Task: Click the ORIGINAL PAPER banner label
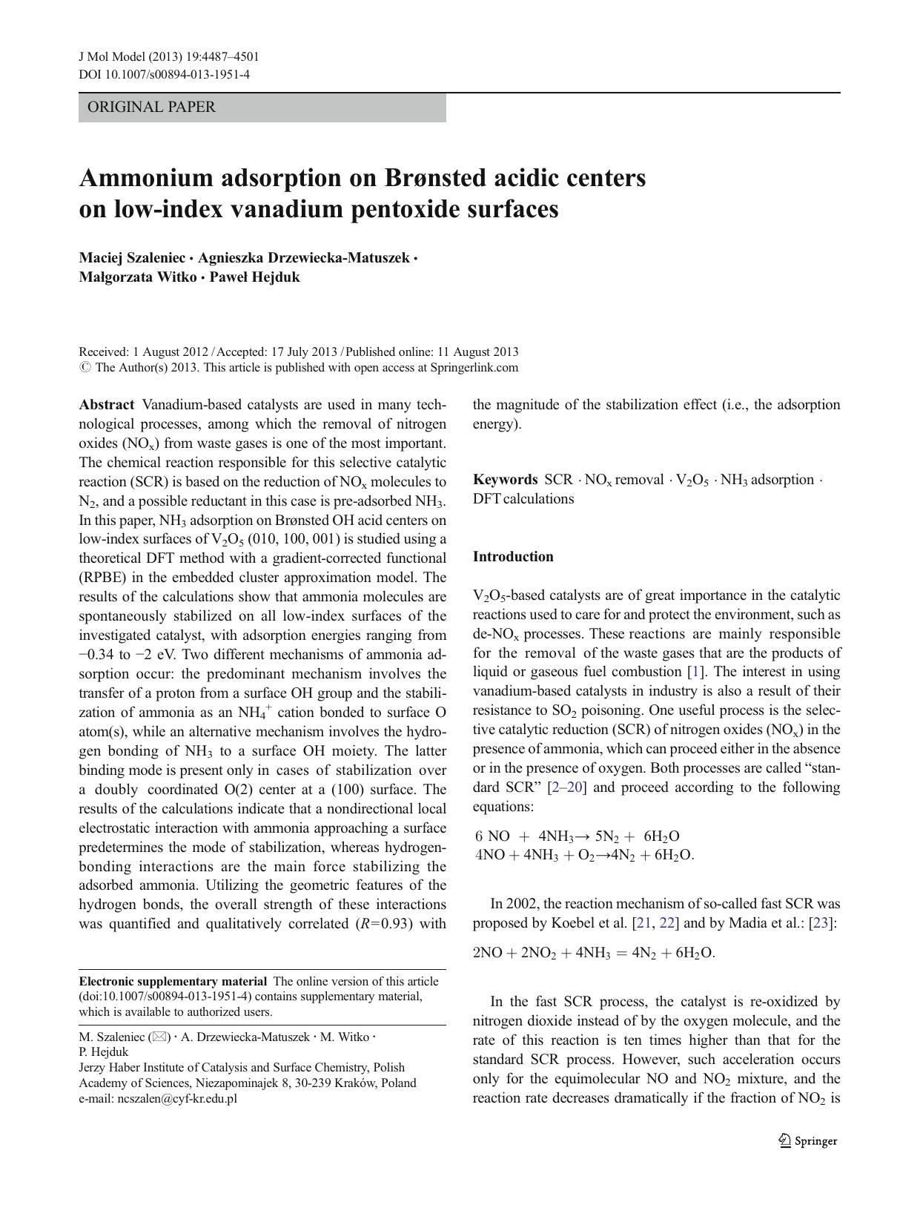tap(151, 108)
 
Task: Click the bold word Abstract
tap(107, 405)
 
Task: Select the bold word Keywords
tap(505, 480)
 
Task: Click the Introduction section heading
tap(513, 557)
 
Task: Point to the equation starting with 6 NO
tap(578, 836)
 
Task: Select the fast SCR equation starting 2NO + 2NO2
tap(593, 954)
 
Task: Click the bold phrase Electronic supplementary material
tap(173, 982)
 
